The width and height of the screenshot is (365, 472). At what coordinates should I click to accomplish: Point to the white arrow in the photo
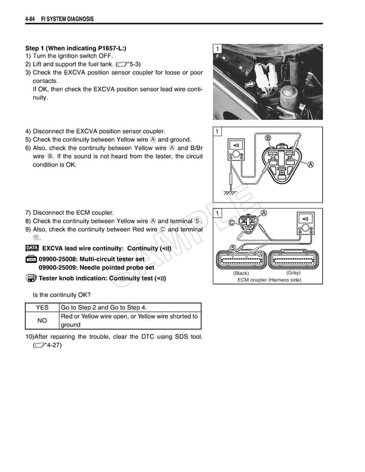(249, 83)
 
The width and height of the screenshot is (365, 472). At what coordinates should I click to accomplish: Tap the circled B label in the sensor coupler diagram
(268, 138)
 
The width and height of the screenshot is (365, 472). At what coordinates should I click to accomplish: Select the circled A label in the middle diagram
(311, 164)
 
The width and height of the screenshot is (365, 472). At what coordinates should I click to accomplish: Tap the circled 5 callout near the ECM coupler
(233, 248)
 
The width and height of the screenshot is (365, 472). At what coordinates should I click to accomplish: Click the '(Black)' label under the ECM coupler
(242, 273)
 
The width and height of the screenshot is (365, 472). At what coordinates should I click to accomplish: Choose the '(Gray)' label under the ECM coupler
(294, 273)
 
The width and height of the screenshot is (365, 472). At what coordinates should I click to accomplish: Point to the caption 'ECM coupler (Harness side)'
(268, 280)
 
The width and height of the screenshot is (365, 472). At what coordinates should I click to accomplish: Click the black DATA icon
(32, 249)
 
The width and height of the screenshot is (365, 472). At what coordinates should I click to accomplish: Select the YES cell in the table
(42, 308)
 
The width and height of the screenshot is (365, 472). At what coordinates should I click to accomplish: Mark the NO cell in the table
(42, 321)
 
